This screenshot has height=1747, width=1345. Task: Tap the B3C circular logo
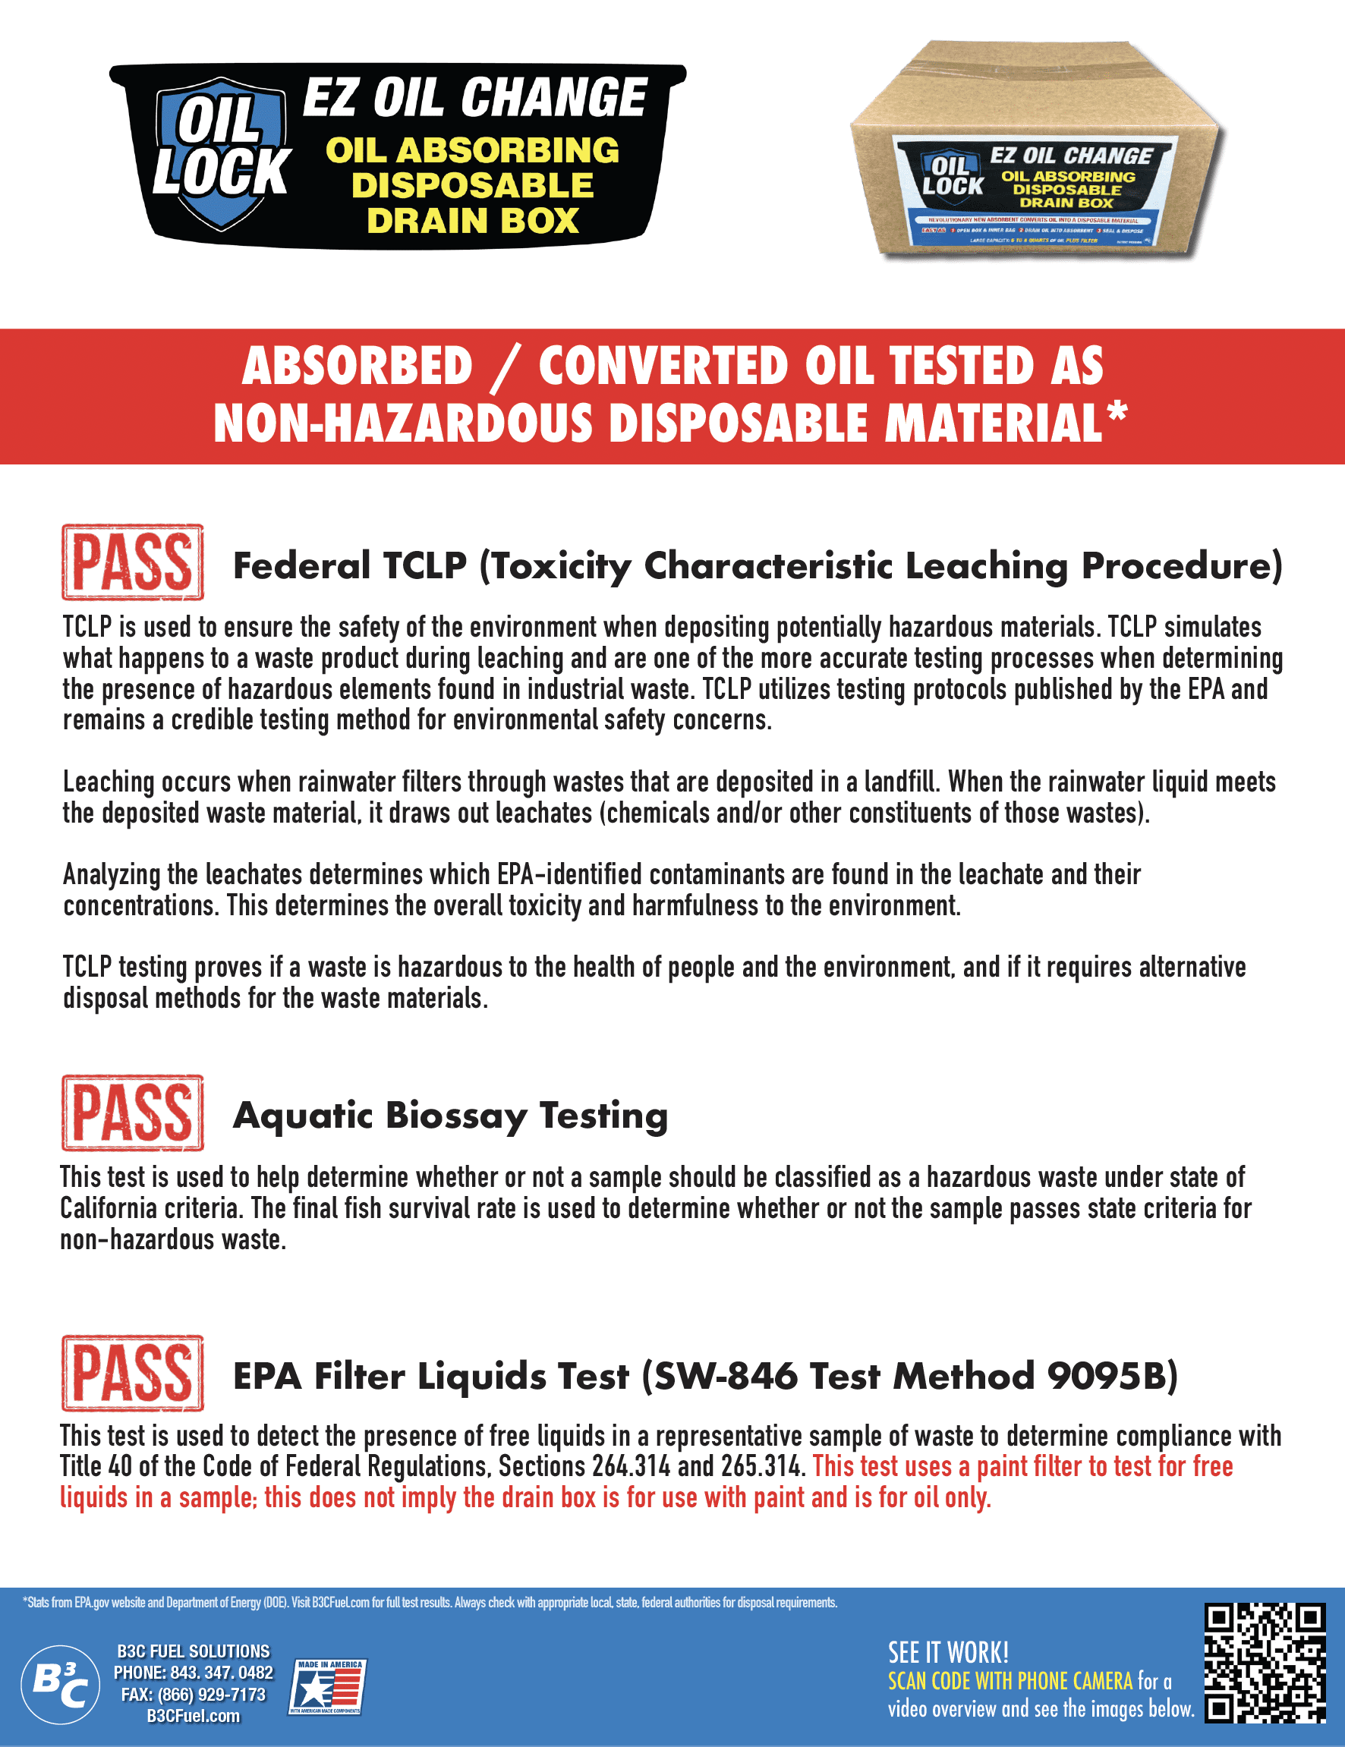pos(60,1685)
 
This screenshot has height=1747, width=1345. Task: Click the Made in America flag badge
pos(326,1686)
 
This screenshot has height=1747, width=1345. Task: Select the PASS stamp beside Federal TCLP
pos(133,562)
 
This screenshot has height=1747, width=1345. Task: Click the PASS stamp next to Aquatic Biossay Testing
pos(133,1113)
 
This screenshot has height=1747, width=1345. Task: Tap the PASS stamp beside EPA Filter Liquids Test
pos(133,1374)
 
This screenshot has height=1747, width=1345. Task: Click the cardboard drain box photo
pos(1038,152)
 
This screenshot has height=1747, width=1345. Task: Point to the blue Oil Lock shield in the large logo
pos(220,152)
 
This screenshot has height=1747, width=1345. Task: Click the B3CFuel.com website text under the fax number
pos(194,1716)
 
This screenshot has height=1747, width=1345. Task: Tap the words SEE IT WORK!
pos(948,1653)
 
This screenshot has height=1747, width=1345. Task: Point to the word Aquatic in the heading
pos(302,1115)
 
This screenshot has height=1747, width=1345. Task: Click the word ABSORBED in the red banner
pos(358,367)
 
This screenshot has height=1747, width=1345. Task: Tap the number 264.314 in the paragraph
pos(631,1466)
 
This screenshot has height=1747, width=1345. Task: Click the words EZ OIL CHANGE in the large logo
pos(474,98)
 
